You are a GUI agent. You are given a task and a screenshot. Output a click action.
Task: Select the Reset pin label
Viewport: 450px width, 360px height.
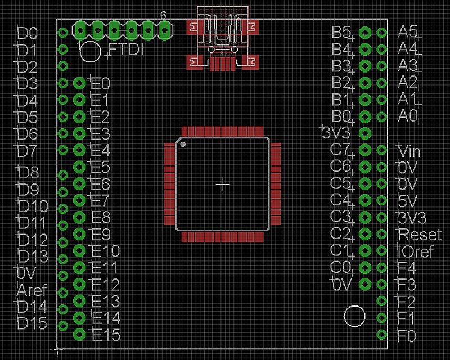[x=419, y=234]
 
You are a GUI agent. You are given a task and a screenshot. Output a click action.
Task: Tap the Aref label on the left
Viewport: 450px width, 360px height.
[x=32, y=290]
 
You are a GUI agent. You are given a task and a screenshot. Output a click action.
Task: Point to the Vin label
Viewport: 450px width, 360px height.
[x=409, y=151]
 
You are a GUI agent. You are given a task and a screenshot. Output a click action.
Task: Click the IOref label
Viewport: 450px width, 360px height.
[x=416, y=251]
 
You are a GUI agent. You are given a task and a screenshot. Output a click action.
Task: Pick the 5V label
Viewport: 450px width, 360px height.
[x=407, y=201]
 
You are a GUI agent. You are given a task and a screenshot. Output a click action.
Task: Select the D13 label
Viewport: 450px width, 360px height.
[x=33, y=256]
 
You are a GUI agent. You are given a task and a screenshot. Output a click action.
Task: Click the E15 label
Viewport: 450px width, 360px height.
[x=106, y=336]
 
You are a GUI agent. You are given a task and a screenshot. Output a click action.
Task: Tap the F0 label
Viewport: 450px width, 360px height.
[x=407, y=337]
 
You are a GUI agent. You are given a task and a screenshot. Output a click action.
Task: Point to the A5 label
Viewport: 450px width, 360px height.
[x=408, y=31]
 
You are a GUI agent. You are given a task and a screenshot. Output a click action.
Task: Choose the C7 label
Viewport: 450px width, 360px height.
[x=340, y=150]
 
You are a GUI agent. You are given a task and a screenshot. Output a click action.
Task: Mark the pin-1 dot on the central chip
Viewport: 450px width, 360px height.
[x=183, y=145]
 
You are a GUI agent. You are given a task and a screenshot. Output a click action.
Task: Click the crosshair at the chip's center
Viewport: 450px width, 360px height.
[x=224, y=184]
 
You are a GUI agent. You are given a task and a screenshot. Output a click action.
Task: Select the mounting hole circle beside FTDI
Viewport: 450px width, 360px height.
[x=90, y=52]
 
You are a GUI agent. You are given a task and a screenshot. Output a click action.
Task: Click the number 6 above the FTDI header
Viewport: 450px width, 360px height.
[x=163, y=15]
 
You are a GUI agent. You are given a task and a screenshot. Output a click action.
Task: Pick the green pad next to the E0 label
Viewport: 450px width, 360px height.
[x=79, y=83]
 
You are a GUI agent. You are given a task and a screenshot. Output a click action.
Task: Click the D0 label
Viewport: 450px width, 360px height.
[x=28, y=33]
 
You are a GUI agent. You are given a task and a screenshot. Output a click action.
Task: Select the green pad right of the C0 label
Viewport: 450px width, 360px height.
[x=364, y=267]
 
